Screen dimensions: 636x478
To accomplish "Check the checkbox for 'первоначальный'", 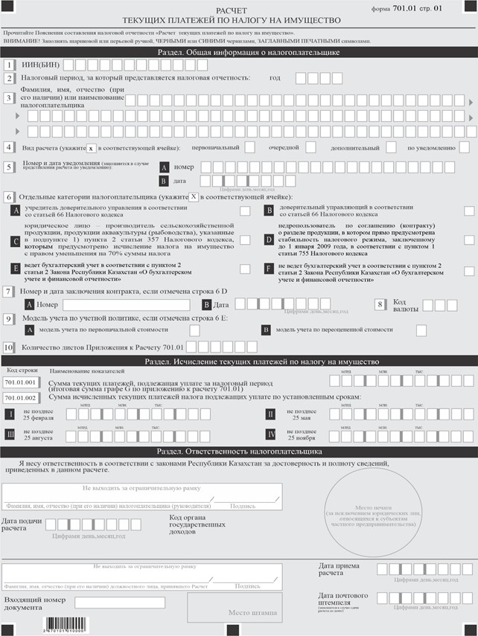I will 250,147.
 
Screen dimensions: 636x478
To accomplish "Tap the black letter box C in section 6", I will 16,241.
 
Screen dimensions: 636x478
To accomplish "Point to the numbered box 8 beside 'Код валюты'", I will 380,304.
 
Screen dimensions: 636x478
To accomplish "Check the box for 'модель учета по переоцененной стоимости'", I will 421,330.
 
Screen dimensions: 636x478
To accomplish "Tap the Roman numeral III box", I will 10,434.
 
